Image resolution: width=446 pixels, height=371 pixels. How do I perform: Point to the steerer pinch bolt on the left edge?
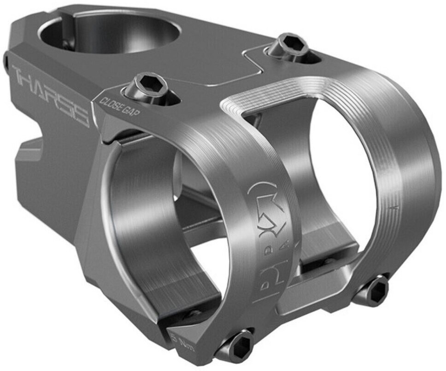tap(6, 63)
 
